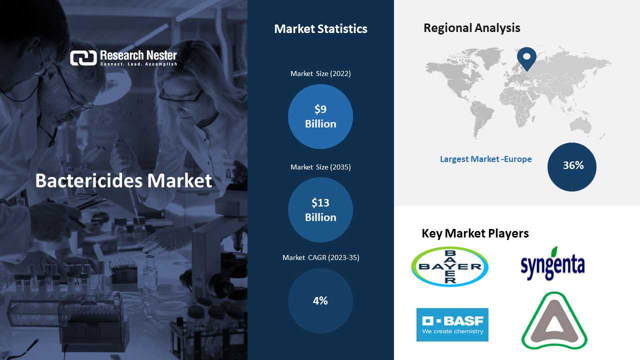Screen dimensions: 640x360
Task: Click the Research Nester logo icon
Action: click(x=83, y=57)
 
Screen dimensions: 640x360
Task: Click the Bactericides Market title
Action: click(x=123, y=181)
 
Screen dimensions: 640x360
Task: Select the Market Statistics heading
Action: click(x=320, y=29)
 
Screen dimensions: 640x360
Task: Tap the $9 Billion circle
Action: click(x=320, y=116)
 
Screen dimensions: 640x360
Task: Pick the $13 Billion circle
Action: click(x=320, y=209)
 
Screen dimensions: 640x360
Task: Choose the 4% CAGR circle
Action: click(x=320, y=300)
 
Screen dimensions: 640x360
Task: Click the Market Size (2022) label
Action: click(x=320, y=73)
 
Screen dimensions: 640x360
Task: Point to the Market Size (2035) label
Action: click(x=320, y=167)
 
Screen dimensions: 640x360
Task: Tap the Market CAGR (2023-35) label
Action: click(x=320, y=257)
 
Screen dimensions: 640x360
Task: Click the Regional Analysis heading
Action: click(x=471, y=28)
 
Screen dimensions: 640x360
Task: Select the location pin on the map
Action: click(x=526, y=58)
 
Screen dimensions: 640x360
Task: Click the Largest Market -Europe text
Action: click(x=485, y=159)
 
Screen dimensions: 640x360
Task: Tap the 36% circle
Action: click(x=571, y=167)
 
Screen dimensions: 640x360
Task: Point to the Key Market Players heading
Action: click(x=475, y=233)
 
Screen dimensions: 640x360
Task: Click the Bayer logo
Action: click(x=449, y=266)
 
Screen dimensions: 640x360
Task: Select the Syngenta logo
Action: click(x=552, y=263)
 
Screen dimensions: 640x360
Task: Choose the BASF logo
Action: click(x=452, y=324)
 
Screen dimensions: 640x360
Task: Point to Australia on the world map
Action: click(x=580, y=125)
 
